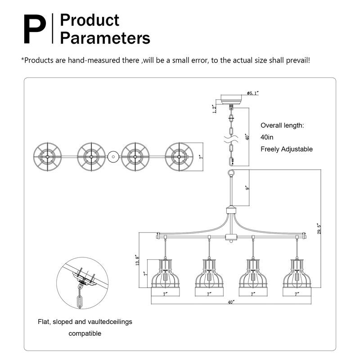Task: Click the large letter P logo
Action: click(34, 29)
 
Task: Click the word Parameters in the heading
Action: click(105, 38)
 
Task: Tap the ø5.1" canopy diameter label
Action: click(252, 93)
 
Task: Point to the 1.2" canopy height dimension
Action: click(215, 108)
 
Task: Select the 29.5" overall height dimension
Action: click(319, 229)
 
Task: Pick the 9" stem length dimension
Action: click(247, 188)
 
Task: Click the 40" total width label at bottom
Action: click(231, 303)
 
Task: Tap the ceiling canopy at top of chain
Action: click(231, 99)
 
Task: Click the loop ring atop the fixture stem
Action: click(231, 172)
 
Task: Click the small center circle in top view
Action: click(112, 157)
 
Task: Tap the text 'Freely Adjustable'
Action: click(287, 149)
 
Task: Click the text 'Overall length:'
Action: click(283, 126)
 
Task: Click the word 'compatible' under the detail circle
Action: click(85, 333)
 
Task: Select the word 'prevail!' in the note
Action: click(296, 60)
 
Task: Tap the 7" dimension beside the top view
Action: click(201, 157)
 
